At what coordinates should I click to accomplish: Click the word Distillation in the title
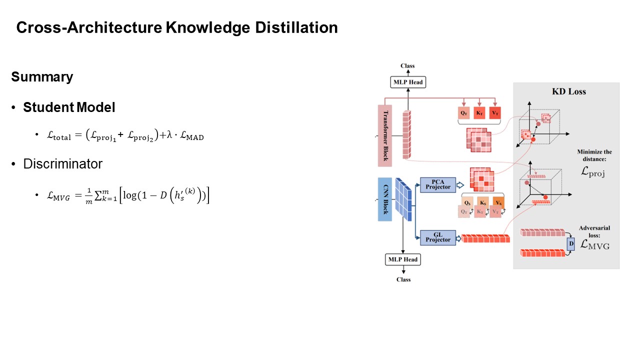(297, 27)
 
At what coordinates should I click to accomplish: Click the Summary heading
(42, 77)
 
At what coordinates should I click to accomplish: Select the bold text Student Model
(69, 107)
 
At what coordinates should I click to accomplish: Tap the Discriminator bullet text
(62, 164)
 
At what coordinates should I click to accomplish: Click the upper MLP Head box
(408, 82)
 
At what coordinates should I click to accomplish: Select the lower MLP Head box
(403, 259)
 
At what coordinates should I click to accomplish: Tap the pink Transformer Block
(384, 135)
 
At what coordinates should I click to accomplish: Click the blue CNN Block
(384, 199)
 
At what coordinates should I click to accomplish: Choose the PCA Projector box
(438, 184)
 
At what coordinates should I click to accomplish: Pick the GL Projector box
(438, 237)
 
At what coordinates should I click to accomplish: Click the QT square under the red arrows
(464, 113)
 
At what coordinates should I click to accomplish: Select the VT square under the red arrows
(495, 113)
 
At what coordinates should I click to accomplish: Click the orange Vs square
(498, 202)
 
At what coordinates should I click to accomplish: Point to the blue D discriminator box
(571, 243)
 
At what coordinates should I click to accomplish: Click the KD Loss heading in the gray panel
(568, 91)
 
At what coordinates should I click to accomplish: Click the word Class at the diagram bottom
(403, 279)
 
